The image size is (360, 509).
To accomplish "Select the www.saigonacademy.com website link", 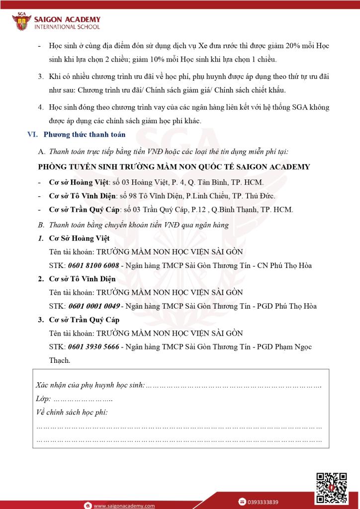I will pyautogui.click(x=124, y=506).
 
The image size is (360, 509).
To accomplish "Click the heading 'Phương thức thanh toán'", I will pyautogui.click(x=85, y=134).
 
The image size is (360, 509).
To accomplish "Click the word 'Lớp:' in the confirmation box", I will pyautogui.click(x=43, y=399).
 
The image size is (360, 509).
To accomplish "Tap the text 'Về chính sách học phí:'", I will pyautogui.click(x=72, y=412).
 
